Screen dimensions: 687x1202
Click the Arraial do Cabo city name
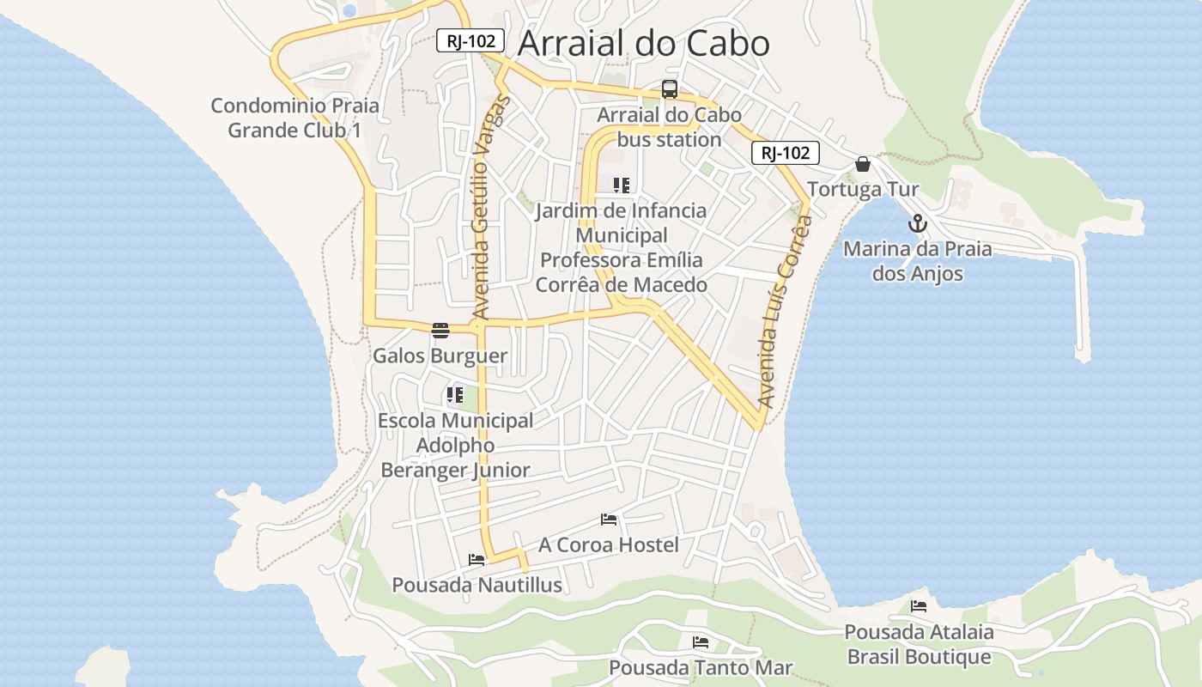[x=644, y=43]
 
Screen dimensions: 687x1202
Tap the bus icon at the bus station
[x=670, y=88]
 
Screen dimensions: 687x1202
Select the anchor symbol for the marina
[x=918, y=223]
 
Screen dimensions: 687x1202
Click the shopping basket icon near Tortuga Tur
[x=863, y=164]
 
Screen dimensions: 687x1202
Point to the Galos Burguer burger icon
[x=440, y=330]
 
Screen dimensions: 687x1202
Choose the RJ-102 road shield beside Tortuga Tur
[x=786, y=153]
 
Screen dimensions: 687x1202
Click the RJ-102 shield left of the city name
[x=470, y=40]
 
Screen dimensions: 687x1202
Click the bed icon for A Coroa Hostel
[x=609, y=520]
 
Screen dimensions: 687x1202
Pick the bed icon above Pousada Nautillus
[x=477, y=560]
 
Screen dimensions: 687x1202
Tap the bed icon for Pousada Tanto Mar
[x=701, y=641]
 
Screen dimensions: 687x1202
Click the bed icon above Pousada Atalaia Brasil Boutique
[x=919, y=606]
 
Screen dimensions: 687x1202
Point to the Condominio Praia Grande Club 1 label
[x=294, y=118]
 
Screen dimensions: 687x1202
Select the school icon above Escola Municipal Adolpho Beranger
[x=454, y=395]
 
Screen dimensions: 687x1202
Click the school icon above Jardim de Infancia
[x=622, y=185]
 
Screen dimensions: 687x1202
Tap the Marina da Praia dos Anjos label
[x=917, y=261]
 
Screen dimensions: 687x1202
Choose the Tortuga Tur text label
[x=864, y=189]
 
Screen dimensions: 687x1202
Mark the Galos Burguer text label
[x=440, y=356]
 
